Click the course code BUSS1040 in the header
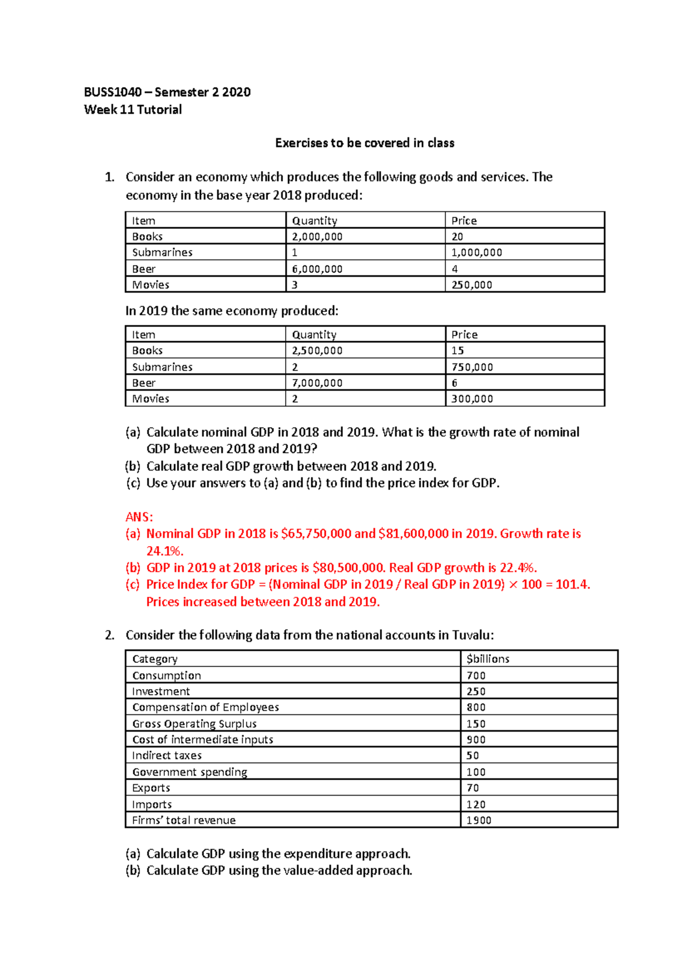click(x=112, y=92)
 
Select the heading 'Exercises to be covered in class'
click(x=365, y=143)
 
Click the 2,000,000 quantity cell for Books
click(x=317, y=236)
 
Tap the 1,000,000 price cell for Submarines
click(x=476, y=252)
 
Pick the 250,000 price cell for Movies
click(x=472, y=285)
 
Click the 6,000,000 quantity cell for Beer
click(x=317, y=268)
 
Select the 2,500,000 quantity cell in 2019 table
click(x=317, y=350)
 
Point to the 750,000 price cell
click(x=472, y=367)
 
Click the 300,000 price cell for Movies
click(x=472, y=398)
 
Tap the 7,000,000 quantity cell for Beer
click(x=317, y=382)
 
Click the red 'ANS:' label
click(x=139, y=517)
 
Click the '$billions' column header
click(x=488, y=659)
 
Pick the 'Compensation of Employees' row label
click(x=206, y=707)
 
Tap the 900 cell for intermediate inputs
click(x=476, y=740)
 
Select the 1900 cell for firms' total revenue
click(x=479, y=820)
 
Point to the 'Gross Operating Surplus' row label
click(x=194, y=724)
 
